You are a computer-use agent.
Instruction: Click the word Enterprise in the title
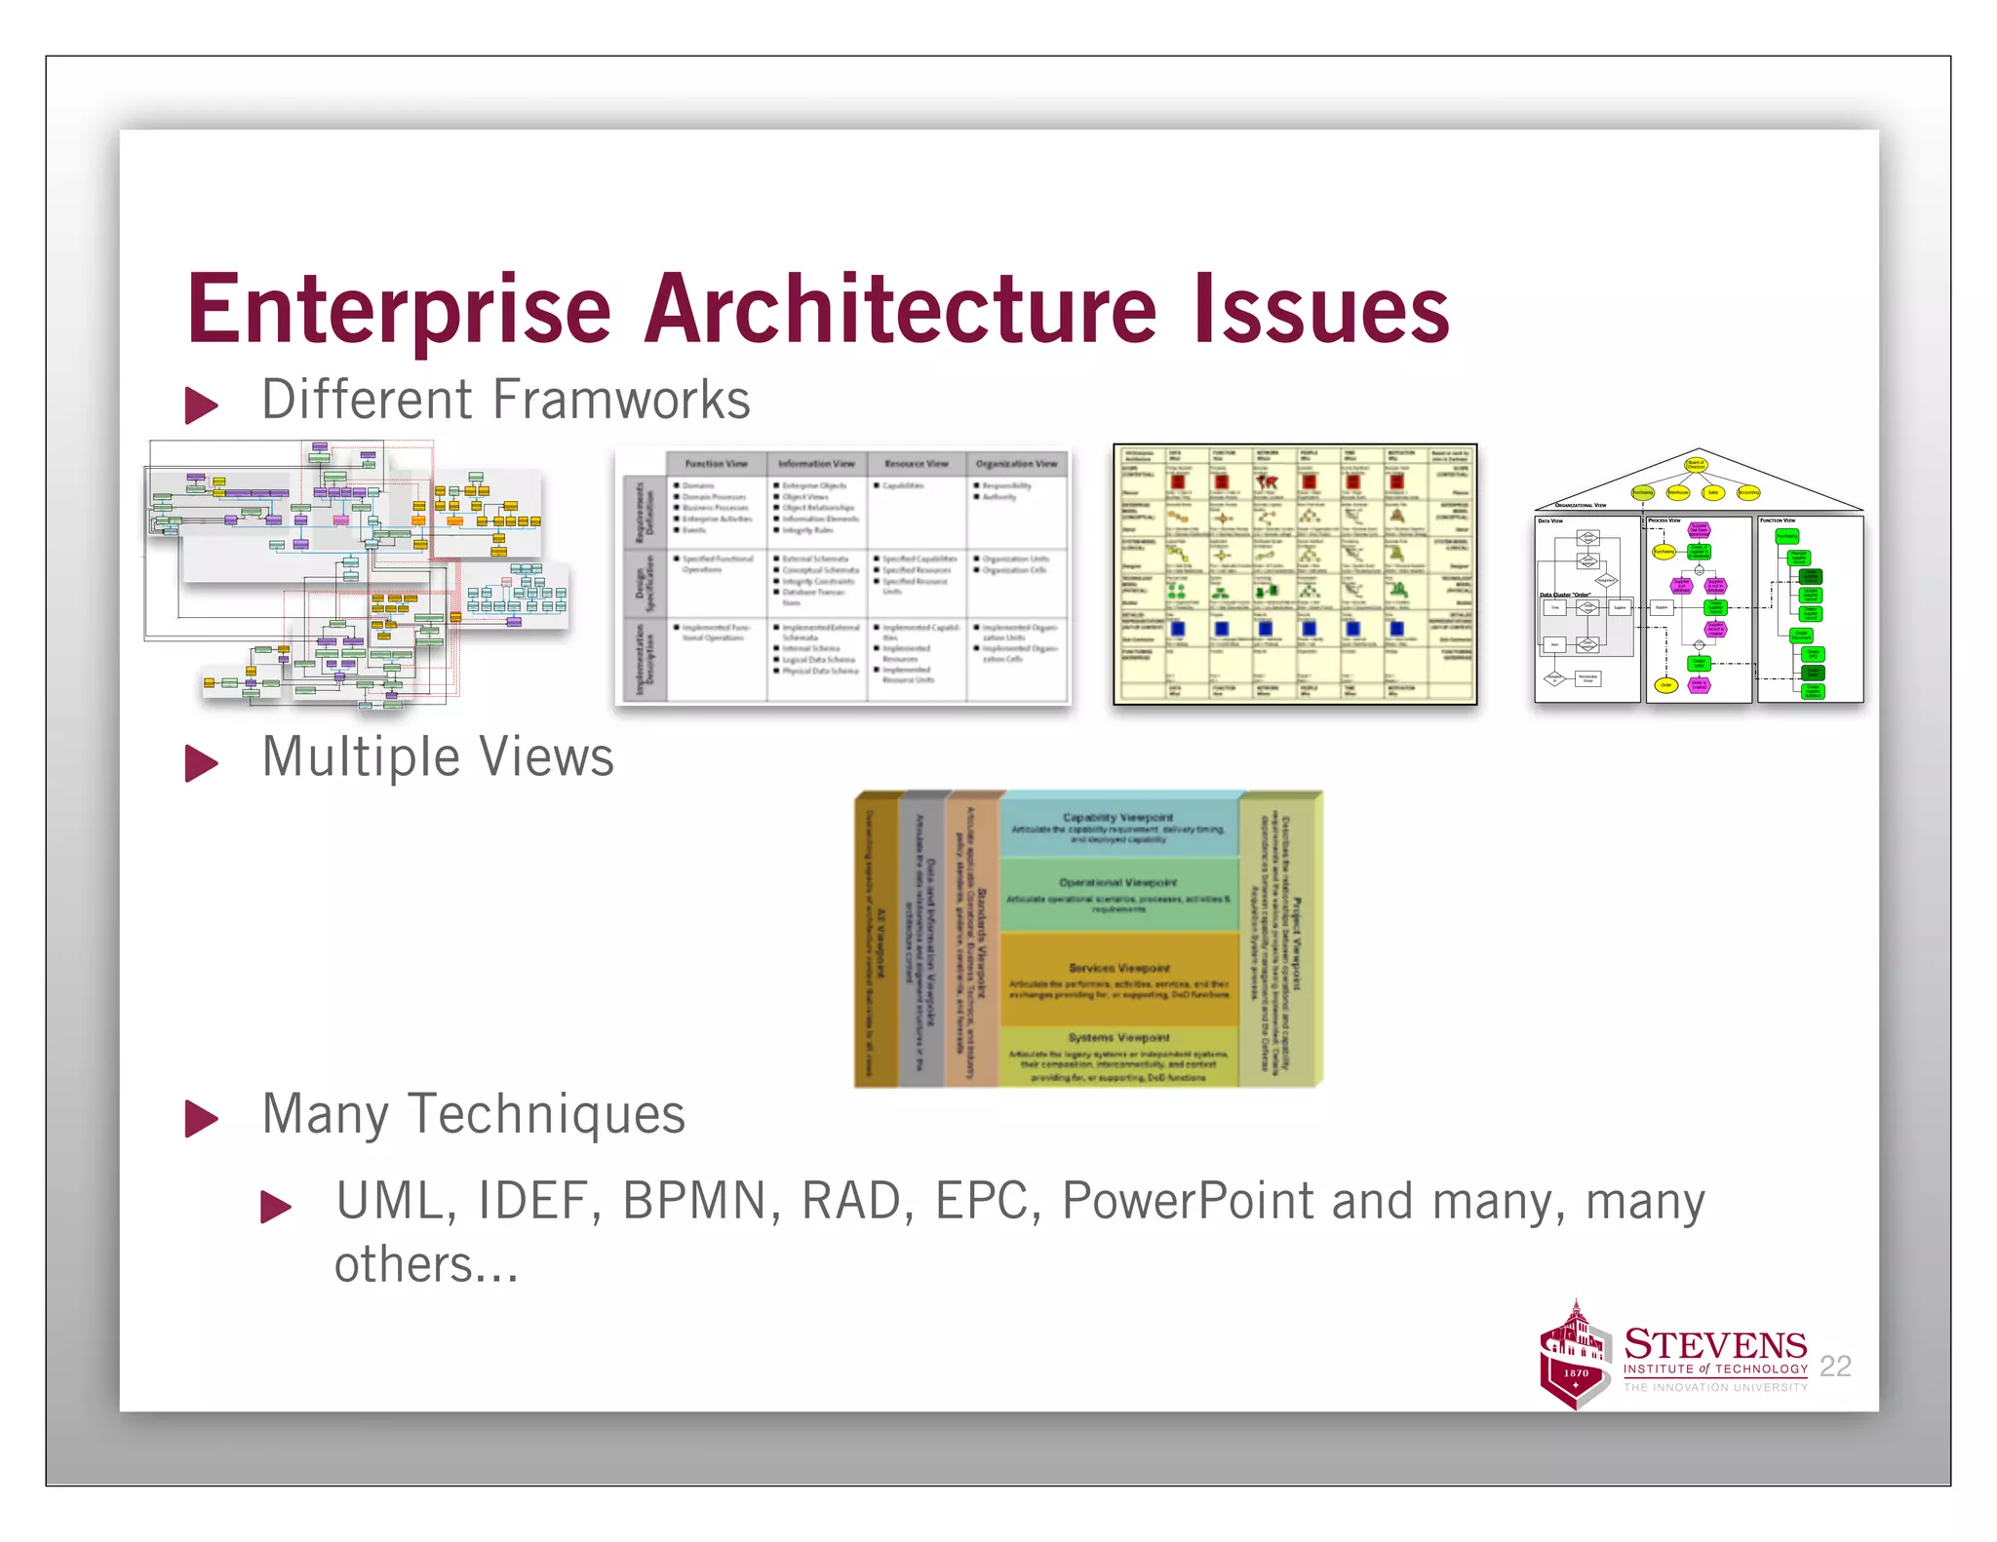399,310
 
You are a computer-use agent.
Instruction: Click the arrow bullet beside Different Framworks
201,405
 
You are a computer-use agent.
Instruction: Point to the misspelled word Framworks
620,400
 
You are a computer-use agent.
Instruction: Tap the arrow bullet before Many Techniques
201,1118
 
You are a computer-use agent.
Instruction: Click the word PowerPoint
1187,1201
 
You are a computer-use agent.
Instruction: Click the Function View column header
716,464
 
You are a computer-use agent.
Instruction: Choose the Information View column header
816,464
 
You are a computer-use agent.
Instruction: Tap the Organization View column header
1016,464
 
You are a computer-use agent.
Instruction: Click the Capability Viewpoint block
1118,827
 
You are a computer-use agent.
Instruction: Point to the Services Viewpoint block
1118,979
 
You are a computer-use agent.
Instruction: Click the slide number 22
1835,1367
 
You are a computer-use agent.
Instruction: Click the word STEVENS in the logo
1715,1345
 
